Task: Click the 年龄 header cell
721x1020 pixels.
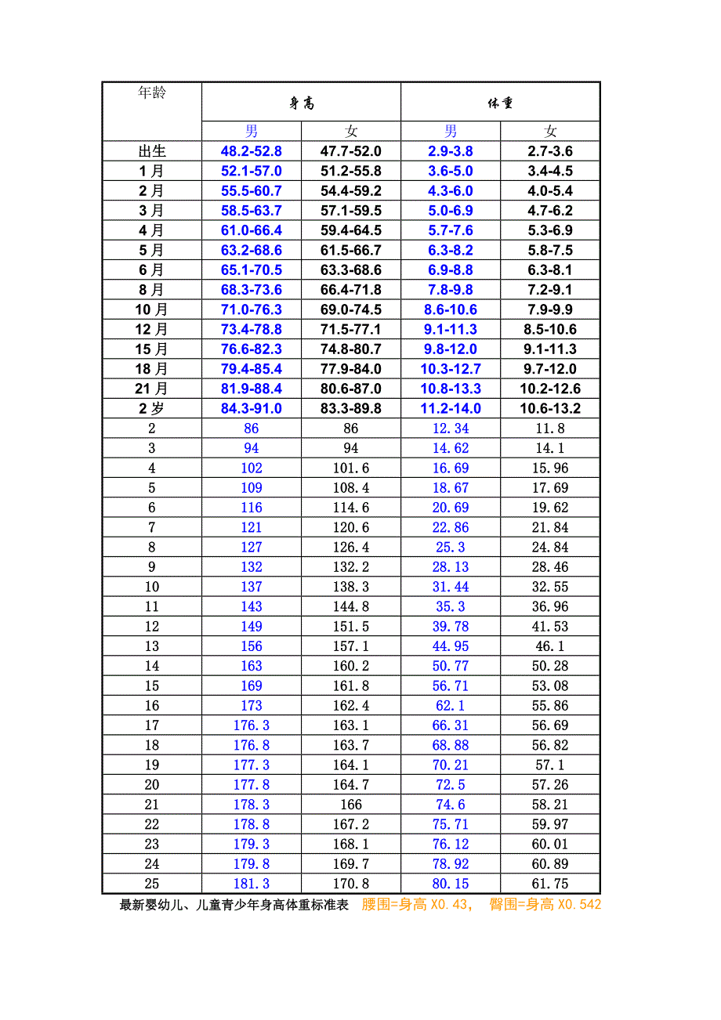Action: click(x=152, y=93)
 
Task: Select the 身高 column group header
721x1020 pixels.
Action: click(x=302, y=103)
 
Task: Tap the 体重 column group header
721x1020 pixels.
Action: click(x=500, y=103)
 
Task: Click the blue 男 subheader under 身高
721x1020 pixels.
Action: click(x=252, y=132)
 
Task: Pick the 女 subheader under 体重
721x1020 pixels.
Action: click(x=550, y=132)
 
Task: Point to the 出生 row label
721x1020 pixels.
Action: click(x=152, y=151)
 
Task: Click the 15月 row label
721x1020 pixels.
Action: click(x=152, y=349)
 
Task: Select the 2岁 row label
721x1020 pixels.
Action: click(x=152, y=409)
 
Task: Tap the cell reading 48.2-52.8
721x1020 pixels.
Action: click(x=252, y=151)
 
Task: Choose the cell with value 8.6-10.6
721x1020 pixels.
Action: click(x=451, y=310)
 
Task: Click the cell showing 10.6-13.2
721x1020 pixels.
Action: click(x=550, y=409)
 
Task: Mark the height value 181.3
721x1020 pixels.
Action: click(x=252, y=884)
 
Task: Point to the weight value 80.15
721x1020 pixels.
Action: click(x=451, y=884)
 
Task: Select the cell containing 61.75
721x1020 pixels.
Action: click(x=550, y=884)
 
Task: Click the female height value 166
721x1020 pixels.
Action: click(x=351, y=805)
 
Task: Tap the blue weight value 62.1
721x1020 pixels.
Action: click(x=451, y=706)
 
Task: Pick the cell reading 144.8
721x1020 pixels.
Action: click(x=351, y=607)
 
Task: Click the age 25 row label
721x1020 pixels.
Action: click(x=152, y=884)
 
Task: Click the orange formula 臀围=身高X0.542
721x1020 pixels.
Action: click(x=545, y=905)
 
